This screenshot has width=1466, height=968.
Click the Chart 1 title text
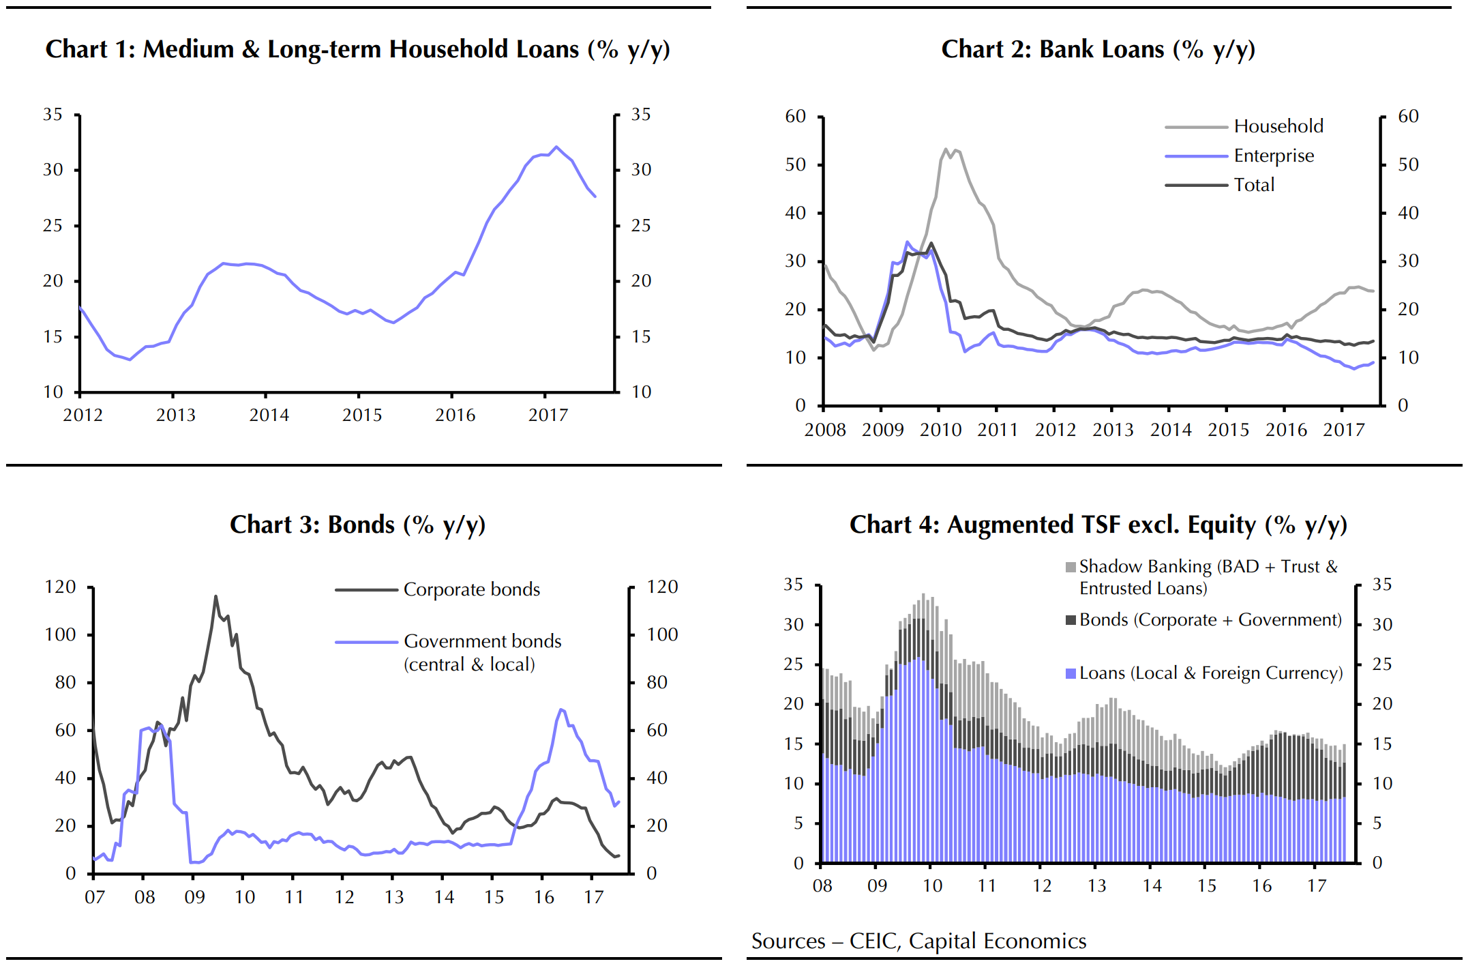tap(357, 50)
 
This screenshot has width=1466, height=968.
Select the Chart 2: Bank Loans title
tap(1098, 50)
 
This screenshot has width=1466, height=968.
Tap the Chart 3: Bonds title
tap(357, 525)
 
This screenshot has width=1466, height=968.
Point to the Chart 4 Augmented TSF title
tap(1098, 525)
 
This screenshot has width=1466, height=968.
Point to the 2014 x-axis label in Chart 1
tap(269, 415)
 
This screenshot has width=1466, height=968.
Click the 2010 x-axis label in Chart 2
tap(940, 430)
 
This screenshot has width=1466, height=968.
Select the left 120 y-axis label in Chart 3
tap(60, 587)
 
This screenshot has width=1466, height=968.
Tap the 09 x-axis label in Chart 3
tap(194, 898)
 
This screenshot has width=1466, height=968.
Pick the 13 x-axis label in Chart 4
tap(1096, 886)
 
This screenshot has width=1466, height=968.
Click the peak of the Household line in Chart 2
tap(946, 149)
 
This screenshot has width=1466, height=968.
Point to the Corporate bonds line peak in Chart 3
tap(216, 596)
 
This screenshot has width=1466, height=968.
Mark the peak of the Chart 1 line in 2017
tap(556, 147)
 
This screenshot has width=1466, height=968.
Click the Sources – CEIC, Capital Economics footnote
tap(918, 941)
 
